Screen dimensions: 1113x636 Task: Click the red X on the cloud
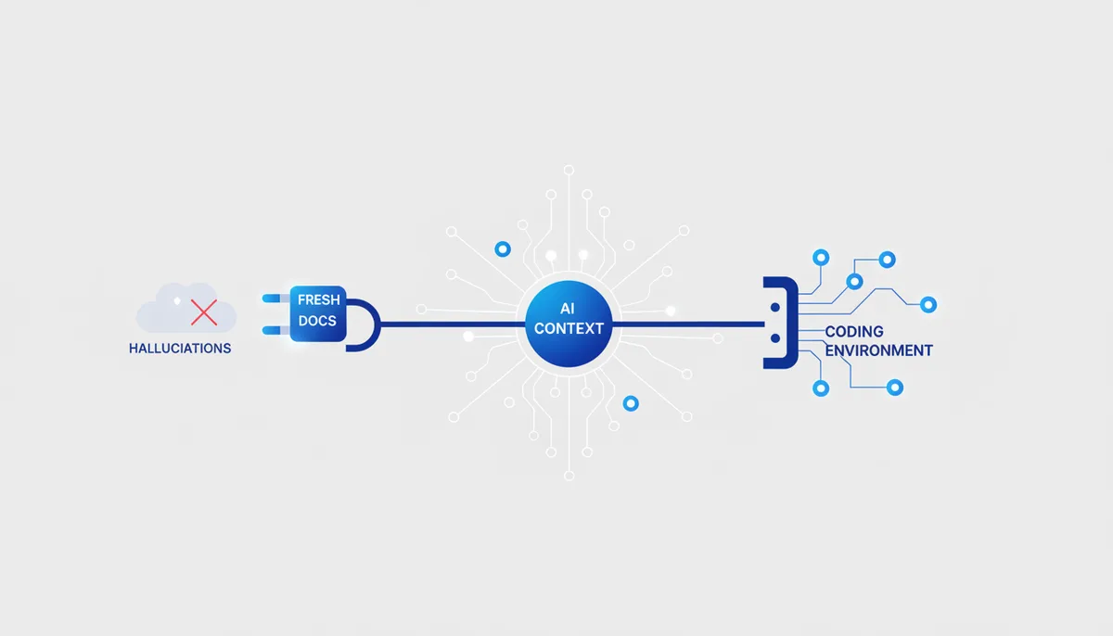204,312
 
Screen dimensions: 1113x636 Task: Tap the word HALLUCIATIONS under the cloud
180,349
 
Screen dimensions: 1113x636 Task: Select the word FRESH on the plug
318,299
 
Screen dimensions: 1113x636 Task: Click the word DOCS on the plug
317,321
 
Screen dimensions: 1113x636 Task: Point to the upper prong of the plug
275,299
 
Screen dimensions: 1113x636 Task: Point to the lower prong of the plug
275,331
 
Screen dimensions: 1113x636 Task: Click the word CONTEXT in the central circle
569,329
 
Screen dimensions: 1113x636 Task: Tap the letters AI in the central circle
568,309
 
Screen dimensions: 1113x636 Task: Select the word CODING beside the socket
854,332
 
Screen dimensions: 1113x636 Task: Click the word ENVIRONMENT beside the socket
879,350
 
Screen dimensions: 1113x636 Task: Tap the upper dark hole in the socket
775,308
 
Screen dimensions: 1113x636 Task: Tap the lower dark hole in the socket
775,338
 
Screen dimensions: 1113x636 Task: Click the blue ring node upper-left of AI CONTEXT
503,248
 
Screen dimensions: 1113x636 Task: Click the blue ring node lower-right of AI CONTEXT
631,403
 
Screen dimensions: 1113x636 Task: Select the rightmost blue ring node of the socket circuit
928,304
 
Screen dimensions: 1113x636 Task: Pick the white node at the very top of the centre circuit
569,171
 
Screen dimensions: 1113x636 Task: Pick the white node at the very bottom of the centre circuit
569,476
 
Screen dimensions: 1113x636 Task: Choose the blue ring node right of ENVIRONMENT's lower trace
895,388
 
